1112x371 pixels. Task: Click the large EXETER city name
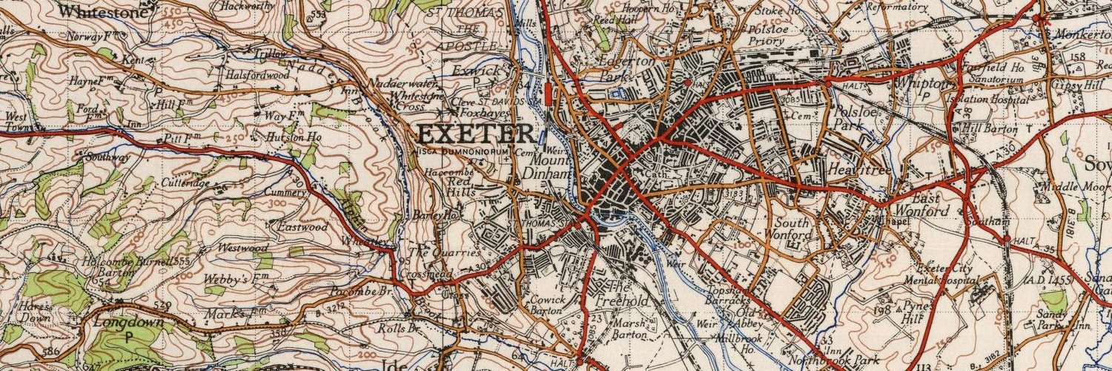point(475,134)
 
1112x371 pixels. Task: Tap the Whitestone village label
point(102,11)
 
